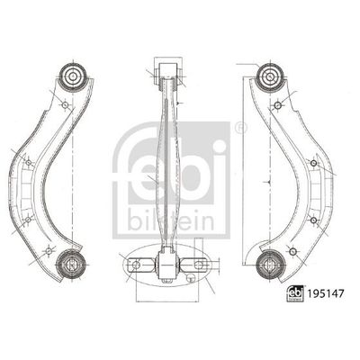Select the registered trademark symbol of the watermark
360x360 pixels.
tap(239, 131)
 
